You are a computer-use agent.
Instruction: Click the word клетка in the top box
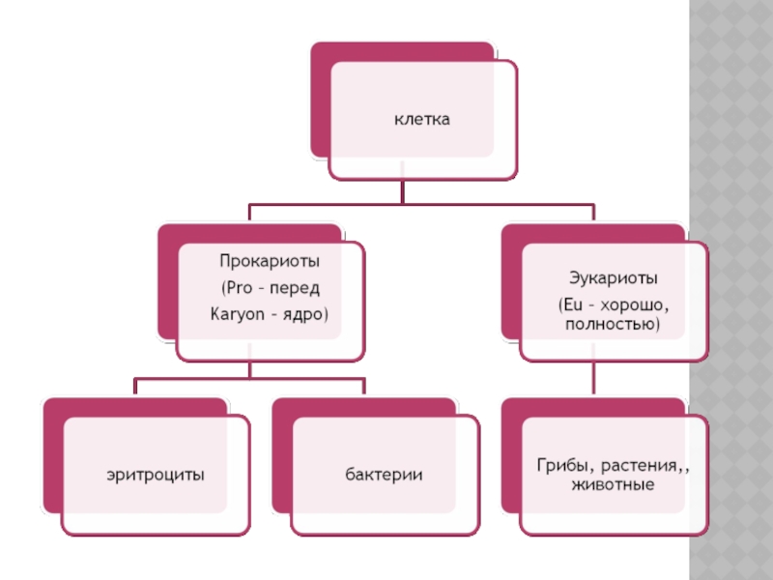[x=422, y=120]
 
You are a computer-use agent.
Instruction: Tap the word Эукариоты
[x=613, y=278]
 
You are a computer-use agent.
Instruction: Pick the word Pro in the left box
[x=239, y=287]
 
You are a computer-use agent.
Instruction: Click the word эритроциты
[x=155, y=475]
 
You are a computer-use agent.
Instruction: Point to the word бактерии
[x=386, y=475]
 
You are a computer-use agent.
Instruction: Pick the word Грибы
[x=558, y=466]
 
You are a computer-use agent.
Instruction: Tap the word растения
[x=638, y=466]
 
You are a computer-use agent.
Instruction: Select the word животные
[x=613, y=484]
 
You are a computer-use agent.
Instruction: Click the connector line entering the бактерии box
[x=365, y=388]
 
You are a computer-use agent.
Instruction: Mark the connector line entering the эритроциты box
[x=134, y=388]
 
